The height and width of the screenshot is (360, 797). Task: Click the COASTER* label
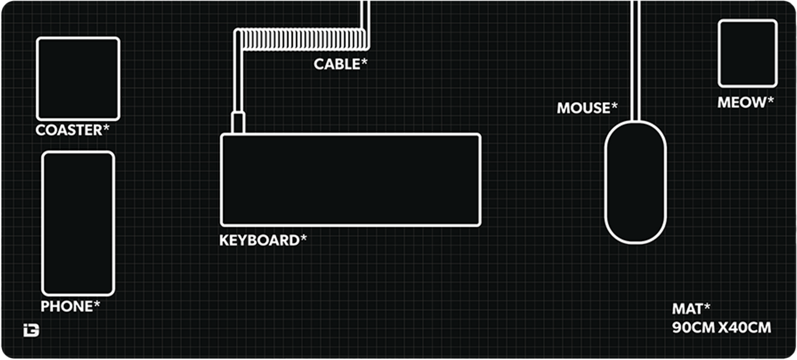pos(72,130)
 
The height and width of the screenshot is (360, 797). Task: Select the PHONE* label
pos(70,306)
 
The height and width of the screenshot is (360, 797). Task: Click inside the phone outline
pos(78,224)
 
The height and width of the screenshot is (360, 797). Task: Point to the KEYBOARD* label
pos(263,240)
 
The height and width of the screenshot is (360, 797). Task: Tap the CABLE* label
pos(340,64)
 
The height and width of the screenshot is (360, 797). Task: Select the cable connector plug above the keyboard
pos(238,123)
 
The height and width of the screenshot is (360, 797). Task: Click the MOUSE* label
pos(587,108)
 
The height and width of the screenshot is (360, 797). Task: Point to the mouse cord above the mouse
pos(635,61)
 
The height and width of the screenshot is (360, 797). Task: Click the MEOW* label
pos(746,103)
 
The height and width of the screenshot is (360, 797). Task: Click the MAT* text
pos(691,309)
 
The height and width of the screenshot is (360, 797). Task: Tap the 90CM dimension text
pos(693,328)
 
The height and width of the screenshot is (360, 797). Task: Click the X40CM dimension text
pos(745,328)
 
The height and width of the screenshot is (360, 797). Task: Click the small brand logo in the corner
pos(31,330)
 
